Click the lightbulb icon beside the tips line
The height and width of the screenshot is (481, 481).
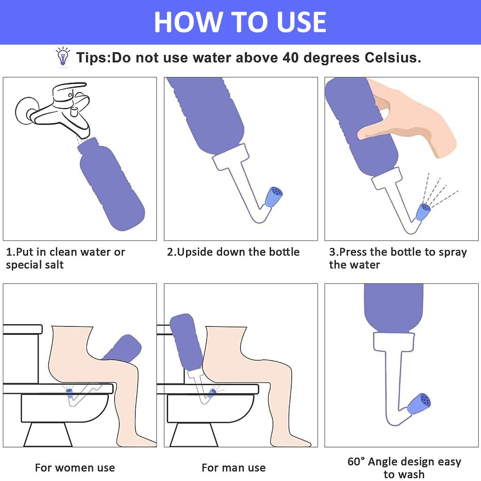tap(63, 56)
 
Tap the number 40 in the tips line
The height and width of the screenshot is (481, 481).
tap(290, 57)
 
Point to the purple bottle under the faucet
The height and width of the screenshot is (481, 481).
tap(111, 184)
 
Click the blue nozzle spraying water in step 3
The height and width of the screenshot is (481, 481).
tap(423, 212)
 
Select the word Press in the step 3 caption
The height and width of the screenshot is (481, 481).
tap(353, 252)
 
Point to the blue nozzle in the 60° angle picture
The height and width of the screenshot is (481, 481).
tap(419, 403)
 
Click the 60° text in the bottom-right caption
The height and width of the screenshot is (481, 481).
tap(356, 461)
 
